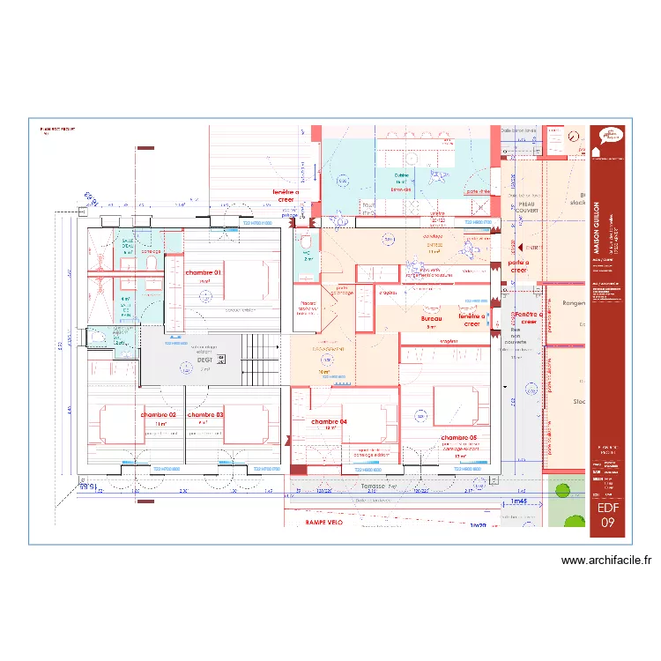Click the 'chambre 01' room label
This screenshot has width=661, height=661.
pyautogui.click(x=204, y=272)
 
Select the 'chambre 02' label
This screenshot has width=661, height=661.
pyautogui.click(x=159, y=414)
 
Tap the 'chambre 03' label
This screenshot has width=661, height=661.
pyautogui.click(x=205, y=414)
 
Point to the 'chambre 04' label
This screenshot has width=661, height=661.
pyautogui.click(x=330, y=421)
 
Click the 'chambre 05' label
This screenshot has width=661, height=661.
pyautogui.click(x=458, y=438)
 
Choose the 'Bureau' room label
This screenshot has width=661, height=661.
pyautogui.click(x=431, y=318)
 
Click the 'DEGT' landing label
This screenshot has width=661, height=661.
pyautogui.click(x=204, y=360)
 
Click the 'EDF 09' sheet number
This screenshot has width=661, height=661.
pyautogui.click(x=608, y=515)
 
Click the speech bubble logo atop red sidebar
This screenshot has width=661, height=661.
pyautogui.click(x=608, y=136)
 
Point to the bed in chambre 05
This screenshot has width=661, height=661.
pyautogui.click(x=458, y=406)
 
